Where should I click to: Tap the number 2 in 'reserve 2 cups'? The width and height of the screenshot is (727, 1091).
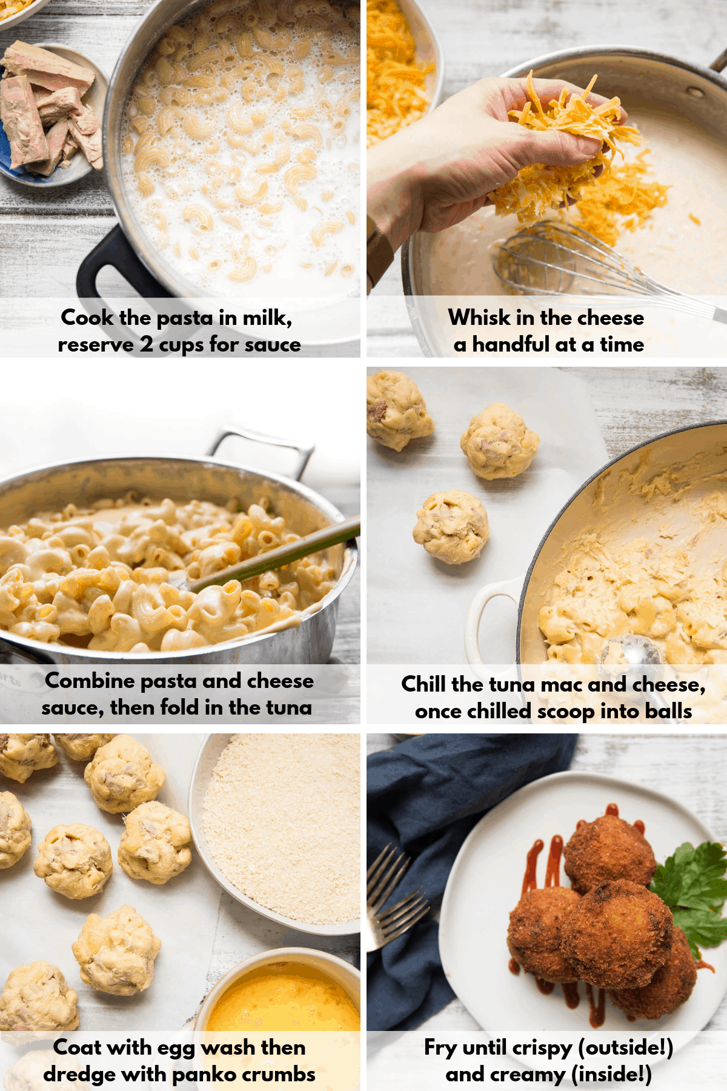point(147,344)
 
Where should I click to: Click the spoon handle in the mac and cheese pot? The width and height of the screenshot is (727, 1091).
point(273,558)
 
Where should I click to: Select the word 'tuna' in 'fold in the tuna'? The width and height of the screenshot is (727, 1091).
point(287,707)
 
